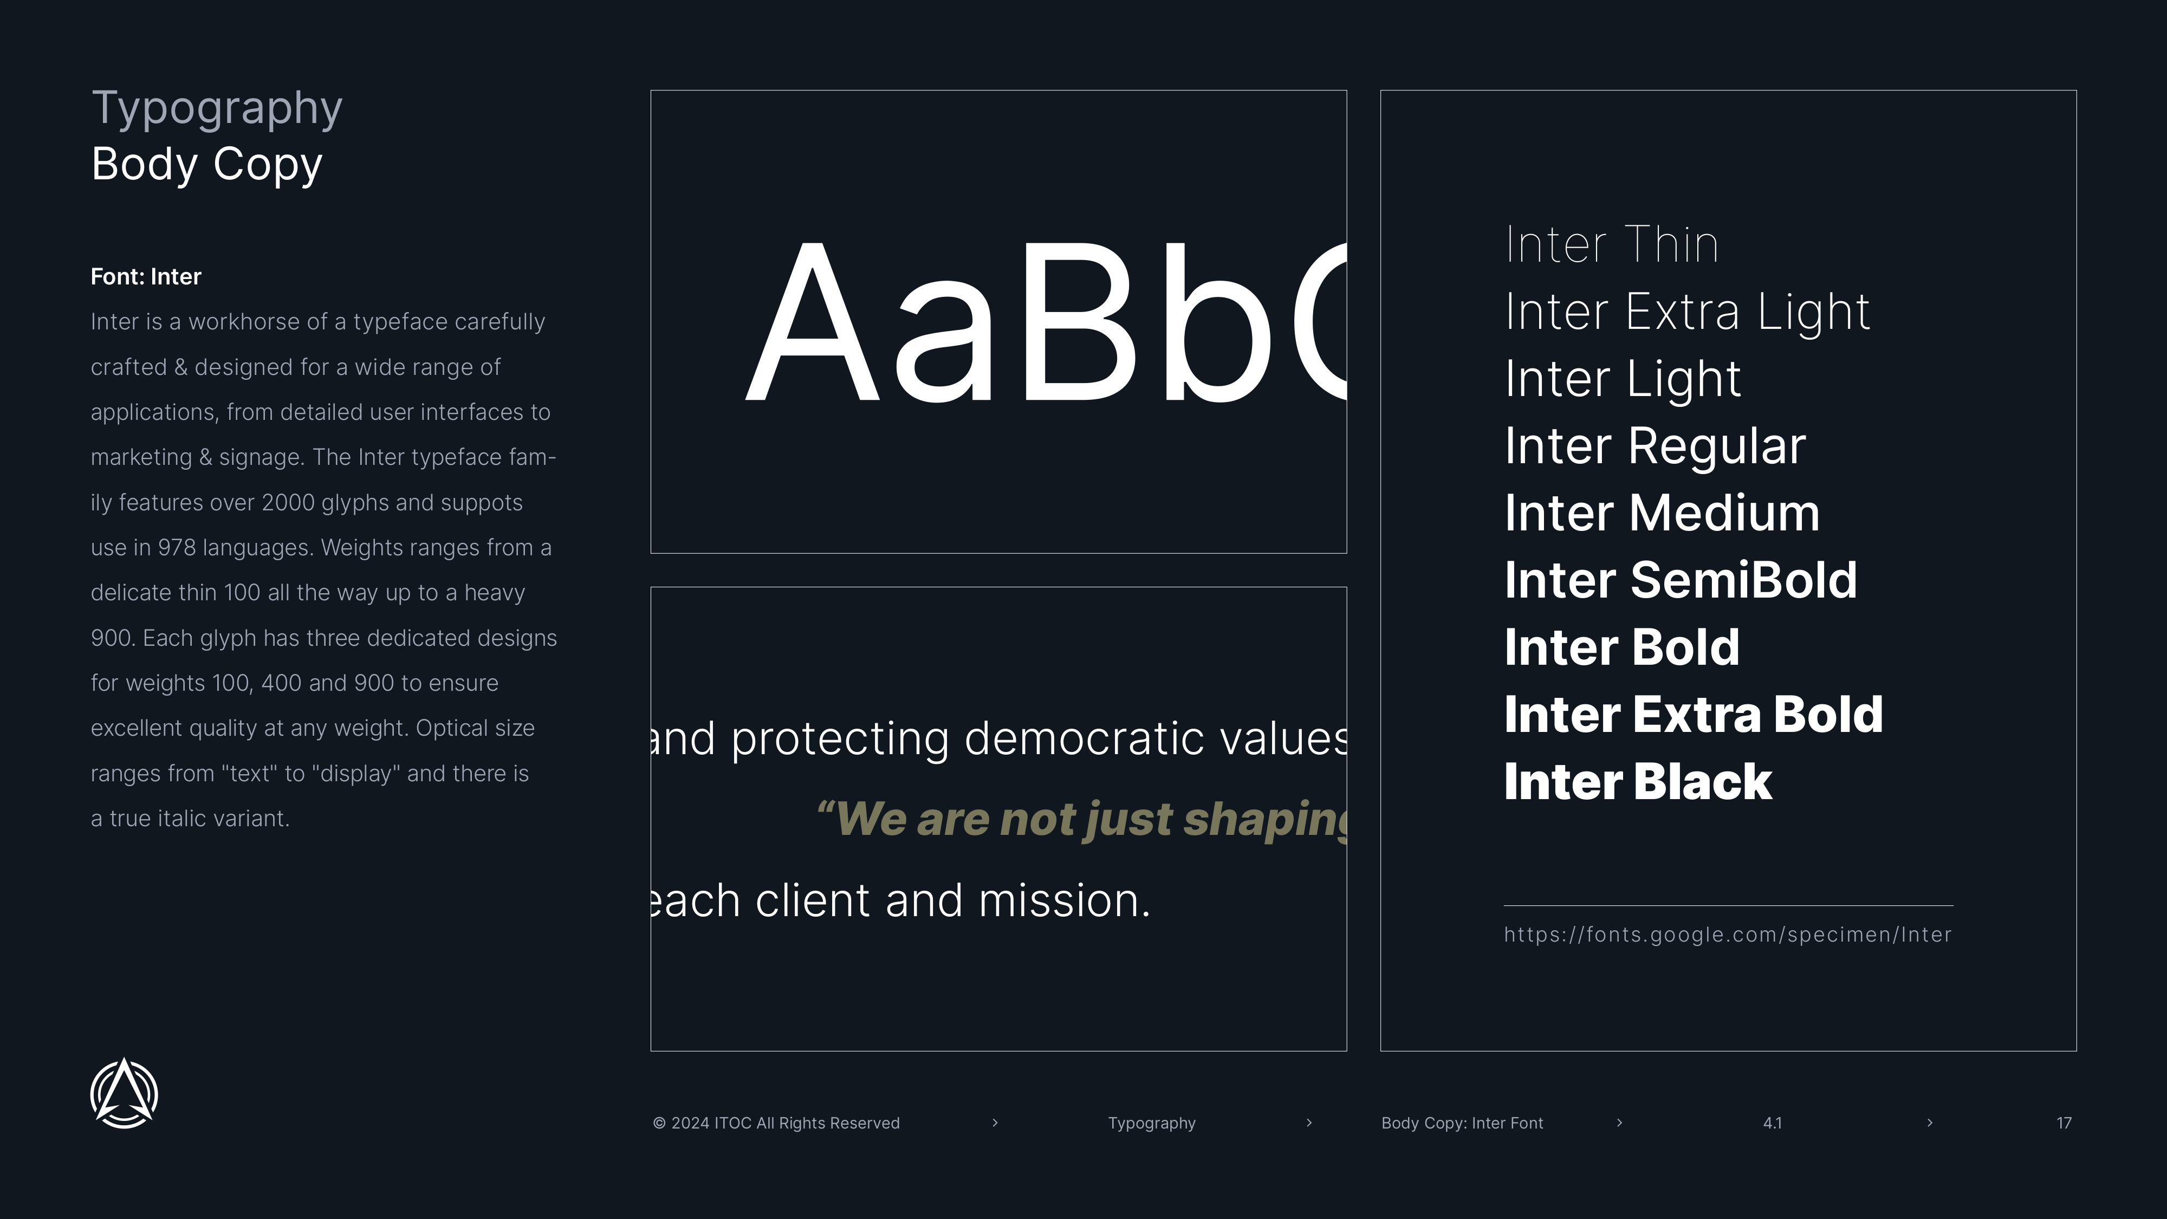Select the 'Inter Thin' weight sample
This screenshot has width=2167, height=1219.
pos(1611,245)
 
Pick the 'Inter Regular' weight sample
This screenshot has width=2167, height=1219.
pos(1655,447)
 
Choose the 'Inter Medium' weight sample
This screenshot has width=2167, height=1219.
pos(1662,513)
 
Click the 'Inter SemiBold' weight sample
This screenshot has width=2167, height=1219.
pos(1681,580)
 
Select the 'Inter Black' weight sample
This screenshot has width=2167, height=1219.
pos(1638,782)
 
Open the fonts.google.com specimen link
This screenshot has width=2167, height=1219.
pos(1728,935)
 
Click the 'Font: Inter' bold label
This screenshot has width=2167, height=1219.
pos(146,277)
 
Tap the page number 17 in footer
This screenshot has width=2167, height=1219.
pos(2064,1123)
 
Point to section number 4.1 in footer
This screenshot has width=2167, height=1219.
pos(1773,1123)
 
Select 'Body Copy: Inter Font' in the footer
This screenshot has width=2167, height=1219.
pos(1462,1123)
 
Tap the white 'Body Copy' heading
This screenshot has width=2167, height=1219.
pos(207,164)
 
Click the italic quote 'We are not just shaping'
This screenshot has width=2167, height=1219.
pos(1082,819)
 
